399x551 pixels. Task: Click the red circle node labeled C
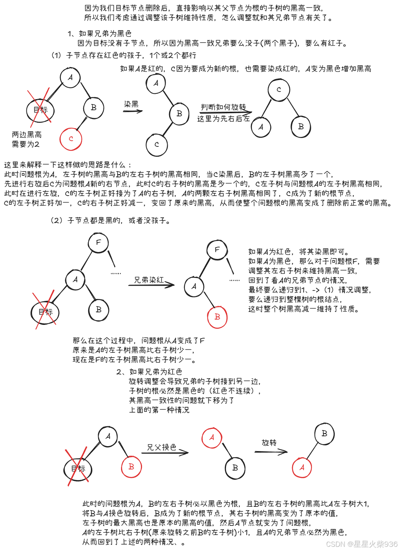pyautogui.click(x=71, y=139)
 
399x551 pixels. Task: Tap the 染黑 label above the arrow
pyautogui.click(x=131, y=104)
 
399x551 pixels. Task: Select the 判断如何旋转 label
pyautogui.click(x=223, y=107)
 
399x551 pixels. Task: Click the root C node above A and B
pyautogui.click(x=278, y=90)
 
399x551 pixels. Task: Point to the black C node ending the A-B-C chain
pyautogui.click(x=157, y=145)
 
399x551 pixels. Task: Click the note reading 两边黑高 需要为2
pyautogui.click(x=26, y=140)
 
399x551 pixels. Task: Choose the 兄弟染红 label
pyautogui.click(x=149, y=280)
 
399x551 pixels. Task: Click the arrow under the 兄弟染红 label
pyautogui.click(x=151, y=284)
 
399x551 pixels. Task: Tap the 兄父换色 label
pyautogui.click(x=162, y=447)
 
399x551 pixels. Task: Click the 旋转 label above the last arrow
pyautogui.click(x=269, y=442)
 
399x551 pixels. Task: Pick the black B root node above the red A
pyautogui.click(x=324, y=434)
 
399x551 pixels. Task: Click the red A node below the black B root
pyautogui.click(x=302, y=467)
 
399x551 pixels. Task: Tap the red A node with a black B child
pyautogui.click(x=212, y=438)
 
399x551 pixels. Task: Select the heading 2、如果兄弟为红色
pyautogui.click(x=149, y=371)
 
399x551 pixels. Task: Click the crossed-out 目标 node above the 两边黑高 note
pyautogui.click(x=40, y=110)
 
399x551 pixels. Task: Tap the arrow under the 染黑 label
pyautogui.click(x=132, y=111)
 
